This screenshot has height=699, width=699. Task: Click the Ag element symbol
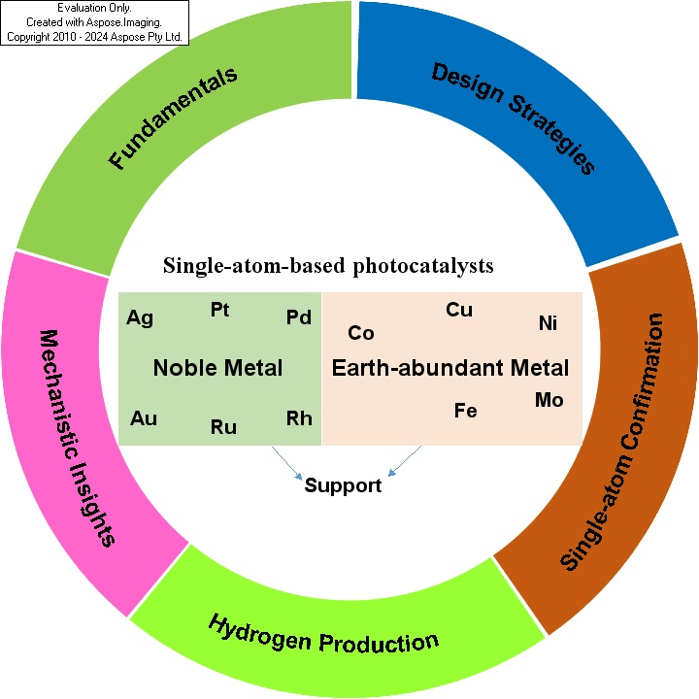tap(140, 318)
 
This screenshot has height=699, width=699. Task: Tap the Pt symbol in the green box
tap(219, 310)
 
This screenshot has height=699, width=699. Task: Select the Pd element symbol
tap(299, 317)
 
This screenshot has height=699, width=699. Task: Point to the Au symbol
tap(144, 418)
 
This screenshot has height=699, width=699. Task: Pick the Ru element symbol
tap(223, 427)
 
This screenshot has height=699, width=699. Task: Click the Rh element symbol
tap(299, 418)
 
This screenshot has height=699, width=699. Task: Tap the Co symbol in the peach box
tap(360, 333)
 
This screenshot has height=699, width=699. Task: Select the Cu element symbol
tap(459, 310)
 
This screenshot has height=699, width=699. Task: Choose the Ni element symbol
tap(548, 323)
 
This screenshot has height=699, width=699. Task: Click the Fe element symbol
tap(465, 411)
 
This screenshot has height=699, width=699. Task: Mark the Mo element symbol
tap(549, 400)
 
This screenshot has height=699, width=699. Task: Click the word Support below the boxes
tap(343, 486)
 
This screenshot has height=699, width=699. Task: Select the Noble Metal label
tap(218, 368)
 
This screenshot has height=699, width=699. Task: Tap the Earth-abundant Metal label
tap(450, 368)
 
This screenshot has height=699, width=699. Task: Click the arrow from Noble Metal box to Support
tap(287, 463)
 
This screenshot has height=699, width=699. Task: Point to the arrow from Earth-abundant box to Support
tap(404, 461)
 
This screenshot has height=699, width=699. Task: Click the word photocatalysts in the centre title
tap(423, 266)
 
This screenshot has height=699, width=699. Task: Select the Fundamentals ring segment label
tap(173, 118)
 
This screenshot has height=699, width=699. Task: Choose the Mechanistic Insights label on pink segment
tap(77, 438)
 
